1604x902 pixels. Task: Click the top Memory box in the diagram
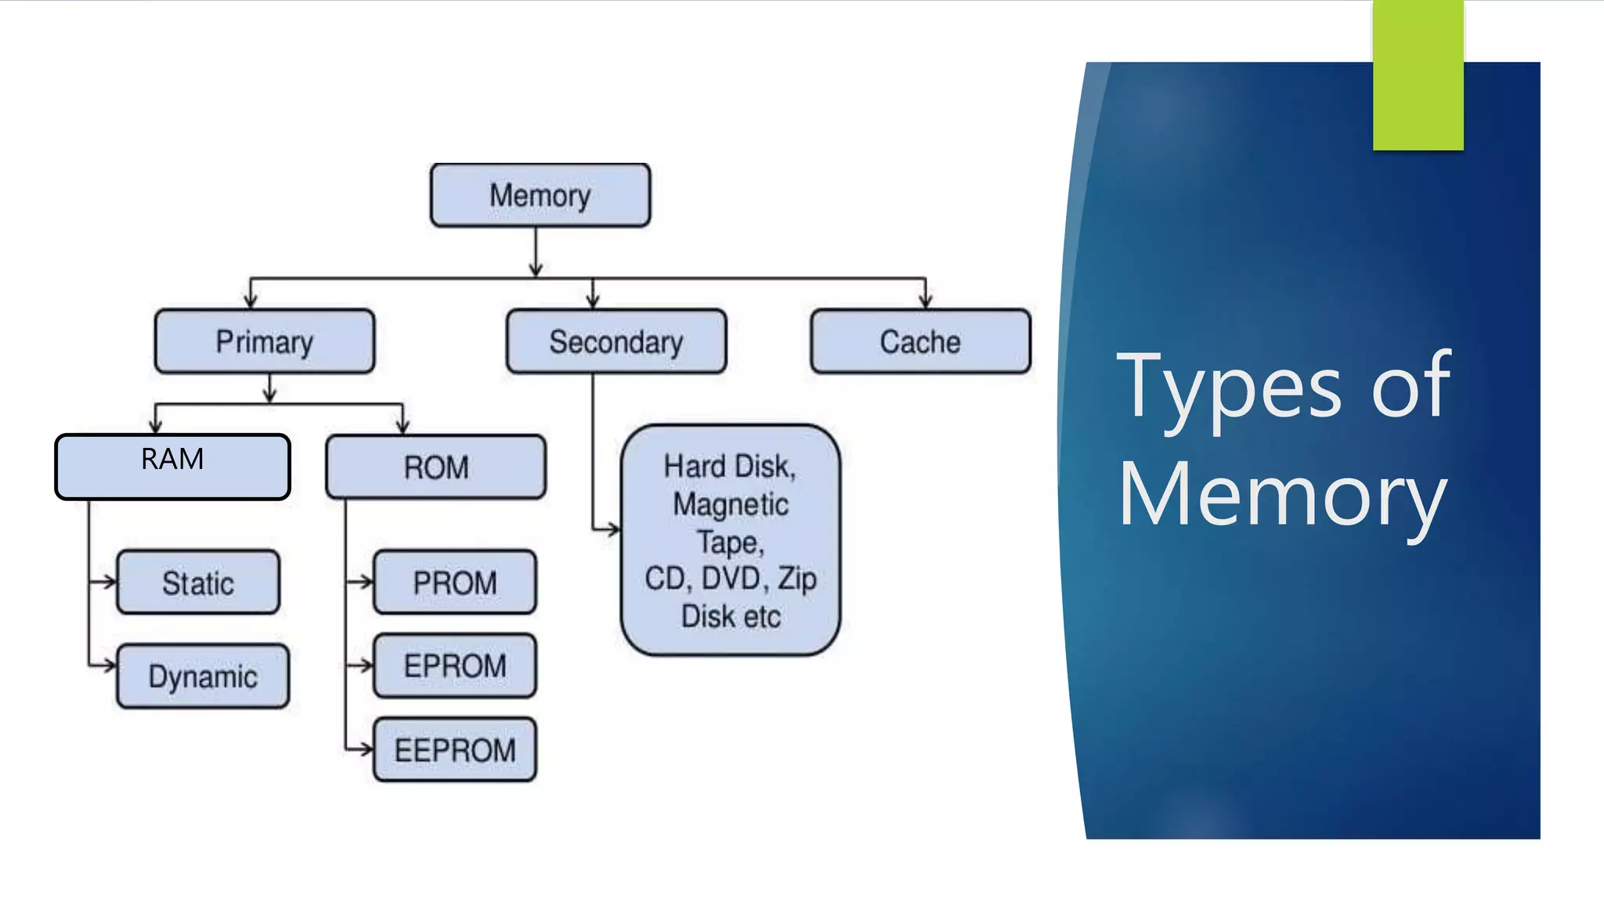[540, 195]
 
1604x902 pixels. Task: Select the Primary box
[264, 341]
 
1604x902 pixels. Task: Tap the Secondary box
[616, 341]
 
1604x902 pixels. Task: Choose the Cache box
[919, 341]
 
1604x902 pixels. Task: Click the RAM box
[172, 467]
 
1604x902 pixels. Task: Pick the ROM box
[435, 467]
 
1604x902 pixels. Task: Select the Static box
[197, 583]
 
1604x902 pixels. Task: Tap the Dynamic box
[202, 676]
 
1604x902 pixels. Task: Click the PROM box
[454, 582]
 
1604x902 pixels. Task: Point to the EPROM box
[454, 666]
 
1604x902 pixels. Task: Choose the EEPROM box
[454, 749]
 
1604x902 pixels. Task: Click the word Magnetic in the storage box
[730, 504]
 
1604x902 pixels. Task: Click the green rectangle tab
[1418, 74]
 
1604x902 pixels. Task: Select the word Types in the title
[1229, 387]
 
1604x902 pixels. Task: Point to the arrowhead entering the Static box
[110, 582]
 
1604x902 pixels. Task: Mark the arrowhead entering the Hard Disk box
[614, 529]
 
